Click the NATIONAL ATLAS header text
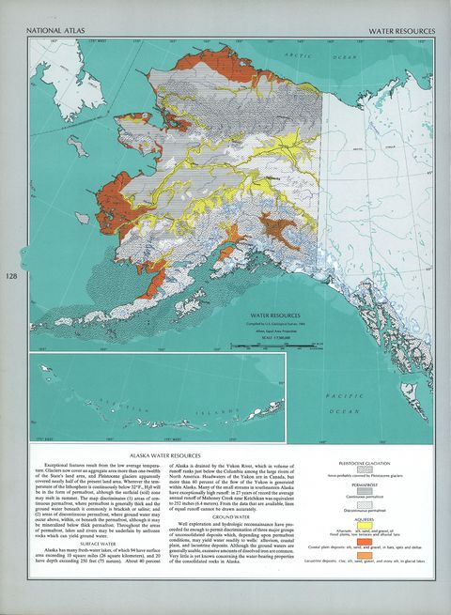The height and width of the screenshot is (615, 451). click(53, 31)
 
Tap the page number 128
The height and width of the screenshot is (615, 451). click(11, 276)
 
